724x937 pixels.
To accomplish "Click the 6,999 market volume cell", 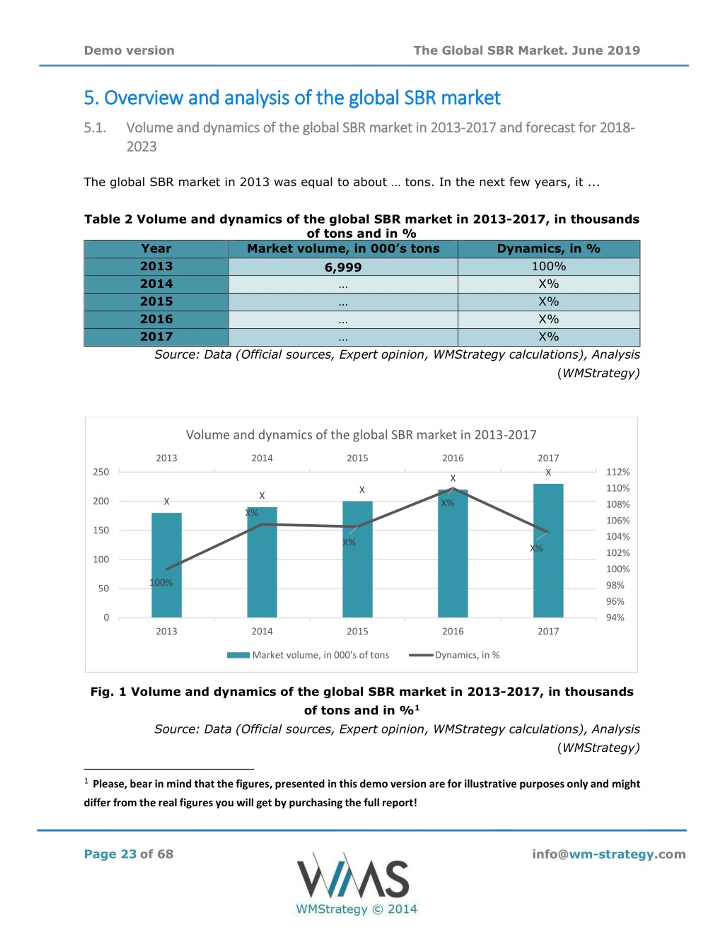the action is coord(343,267).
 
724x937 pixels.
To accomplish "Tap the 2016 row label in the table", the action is coord(156,319).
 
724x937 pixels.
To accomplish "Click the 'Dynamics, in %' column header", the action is coord(549,249).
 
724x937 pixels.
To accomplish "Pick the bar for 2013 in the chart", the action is coord(166,565).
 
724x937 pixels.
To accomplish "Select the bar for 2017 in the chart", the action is coord(548,551).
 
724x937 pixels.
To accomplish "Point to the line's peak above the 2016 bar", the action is coord(453,488).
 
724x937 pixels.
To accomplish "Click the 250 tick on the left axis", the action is coord(101,472).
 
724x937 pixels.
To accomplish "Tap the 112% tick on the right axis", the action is coord(618,472).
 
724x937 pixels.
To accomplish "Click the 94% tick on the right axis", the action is coord(615,618).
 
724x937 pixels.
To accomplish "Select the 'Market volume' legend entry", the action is coord(308,655).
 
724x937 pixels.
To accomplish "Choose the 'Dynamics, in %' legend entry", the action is coord(455,655).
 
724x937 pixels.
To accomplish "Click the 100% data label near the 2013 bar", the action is coord(161,583).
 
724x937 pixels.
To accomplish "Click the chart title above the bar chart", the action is coord(361,435).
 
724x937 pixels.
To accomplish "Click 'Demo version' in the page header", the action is coord(129,51).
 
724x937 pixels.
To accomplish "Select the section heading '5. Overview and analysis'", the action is coord(292,98).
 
